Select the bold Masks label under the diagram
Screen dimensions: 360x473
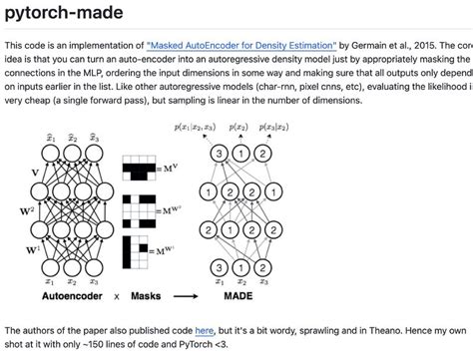point(143,297)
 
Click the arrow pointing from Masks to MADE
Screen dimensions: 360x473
point(184,297)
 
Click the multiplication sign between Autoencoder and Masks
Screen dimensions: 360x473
point(109,297)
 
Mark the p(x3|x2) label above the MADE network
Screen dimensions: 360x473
point(271,131)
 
